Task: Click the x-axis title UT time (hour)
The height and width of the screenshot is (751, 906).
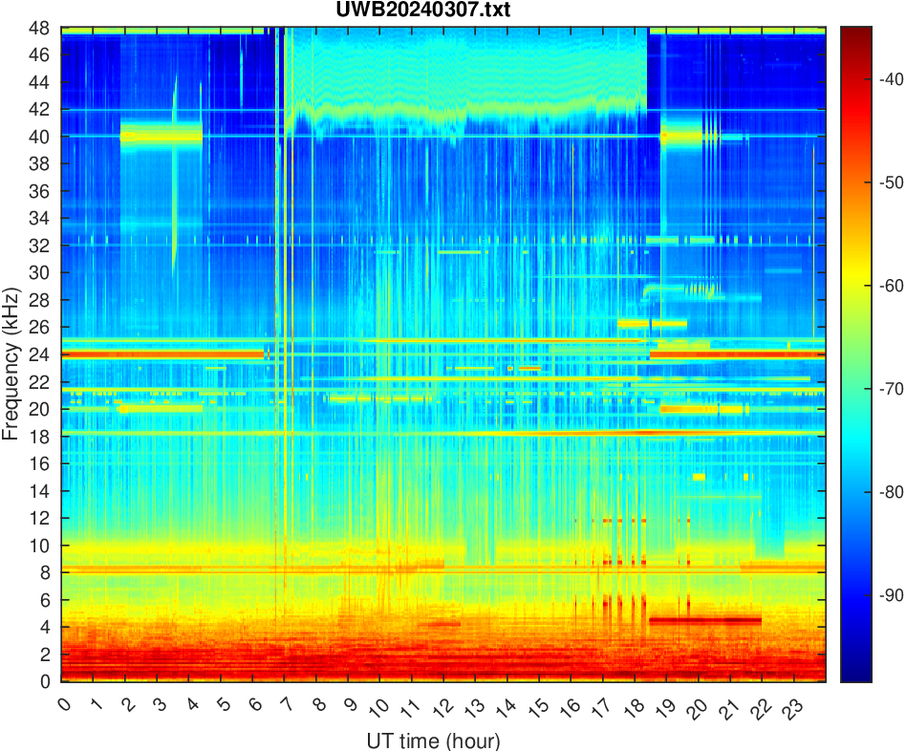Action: [x=433, y=740]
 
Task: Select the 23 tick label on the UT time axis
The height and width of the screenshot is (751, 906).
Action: [x=791, y=708]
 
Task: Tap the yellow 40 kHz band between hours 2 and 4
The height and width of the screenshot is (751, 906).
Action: [x=161, y=136]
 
